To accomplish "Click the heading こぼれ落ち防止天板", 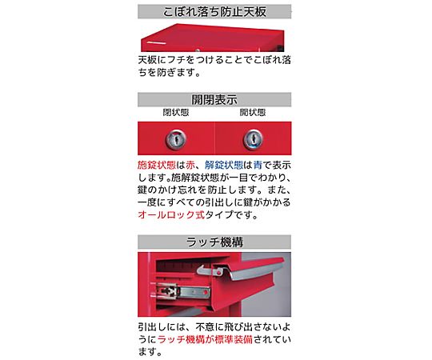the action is click(x=214, y=12).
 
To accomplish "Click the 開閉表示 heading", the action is click(x=214, y=100).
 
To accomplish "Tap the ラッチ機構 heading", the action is click(x=214, y=242).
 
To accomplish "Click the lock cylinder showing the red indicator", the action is click(x=176, y=139).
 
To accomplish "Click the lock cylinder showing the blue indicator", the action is click(x=253, y=139).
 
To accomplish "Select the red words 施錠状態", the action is click(x=157, y=165).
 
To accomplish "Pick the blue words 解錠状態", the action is click(x=224, y=165).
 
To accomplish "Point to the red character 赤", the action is click(x=190, y=165).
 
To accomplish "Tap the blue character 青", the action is click(x=258, y=165).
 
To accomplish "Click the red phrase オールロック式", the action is click(x=171, y=214).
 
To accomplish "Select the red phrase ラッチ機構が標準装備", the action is click(x=205, y=339).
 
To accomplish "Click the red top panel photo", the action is click(x=213, y=38).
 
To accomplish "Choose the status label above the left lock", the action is click(x=176, y=112).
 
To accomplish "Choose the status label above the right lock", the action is click(x=253, y=112).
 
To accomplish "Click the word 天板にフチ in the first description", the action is click(x=162, y=60).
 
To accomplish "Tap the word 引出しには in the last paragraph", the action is click(x=162, y=327).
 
